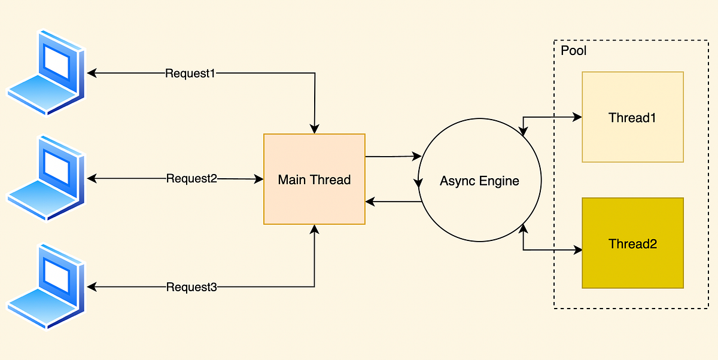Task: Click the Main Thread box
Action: tap(314, 179)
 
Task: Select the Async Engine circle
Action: tap(479, 181)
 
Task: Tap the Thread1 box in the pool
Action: tap(632, 117)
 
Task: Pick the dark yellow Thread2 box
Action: tap(632, 243)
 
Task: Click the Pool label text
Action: tap(573, 51)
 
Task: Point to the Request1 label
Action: tap(190, 74)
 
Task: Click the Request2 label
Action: tap(191, 178)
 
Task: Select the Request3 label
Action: tap(191, 287)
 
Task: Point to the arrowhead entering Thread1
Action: tap(577, 117)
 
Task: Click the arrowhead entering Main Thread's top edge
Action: tap(315, 129)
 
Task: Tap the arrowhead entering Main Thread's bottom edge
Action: tap(315, 229)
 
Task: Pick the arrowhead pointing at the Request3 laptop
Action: tap(92, 287)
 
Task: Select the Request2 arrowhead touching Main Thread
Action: tap(259, 179)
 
